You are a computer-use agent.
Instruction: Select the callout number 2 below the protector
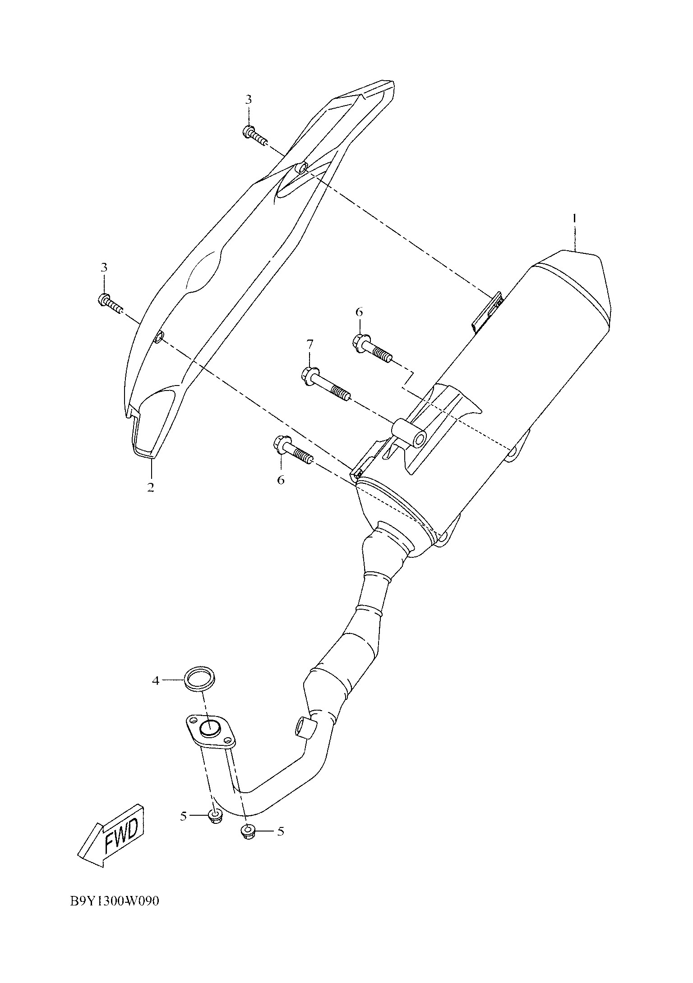(150, 487)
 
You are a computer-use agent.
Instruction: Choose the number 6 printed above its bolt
(359, 312)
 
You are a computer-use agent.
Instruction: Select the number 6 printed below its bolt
(281, 480)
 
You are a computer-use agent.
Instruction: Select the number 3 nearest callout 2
(104, 267)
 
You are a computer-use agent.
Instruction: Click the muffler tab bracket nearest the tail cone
(488, 311)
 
